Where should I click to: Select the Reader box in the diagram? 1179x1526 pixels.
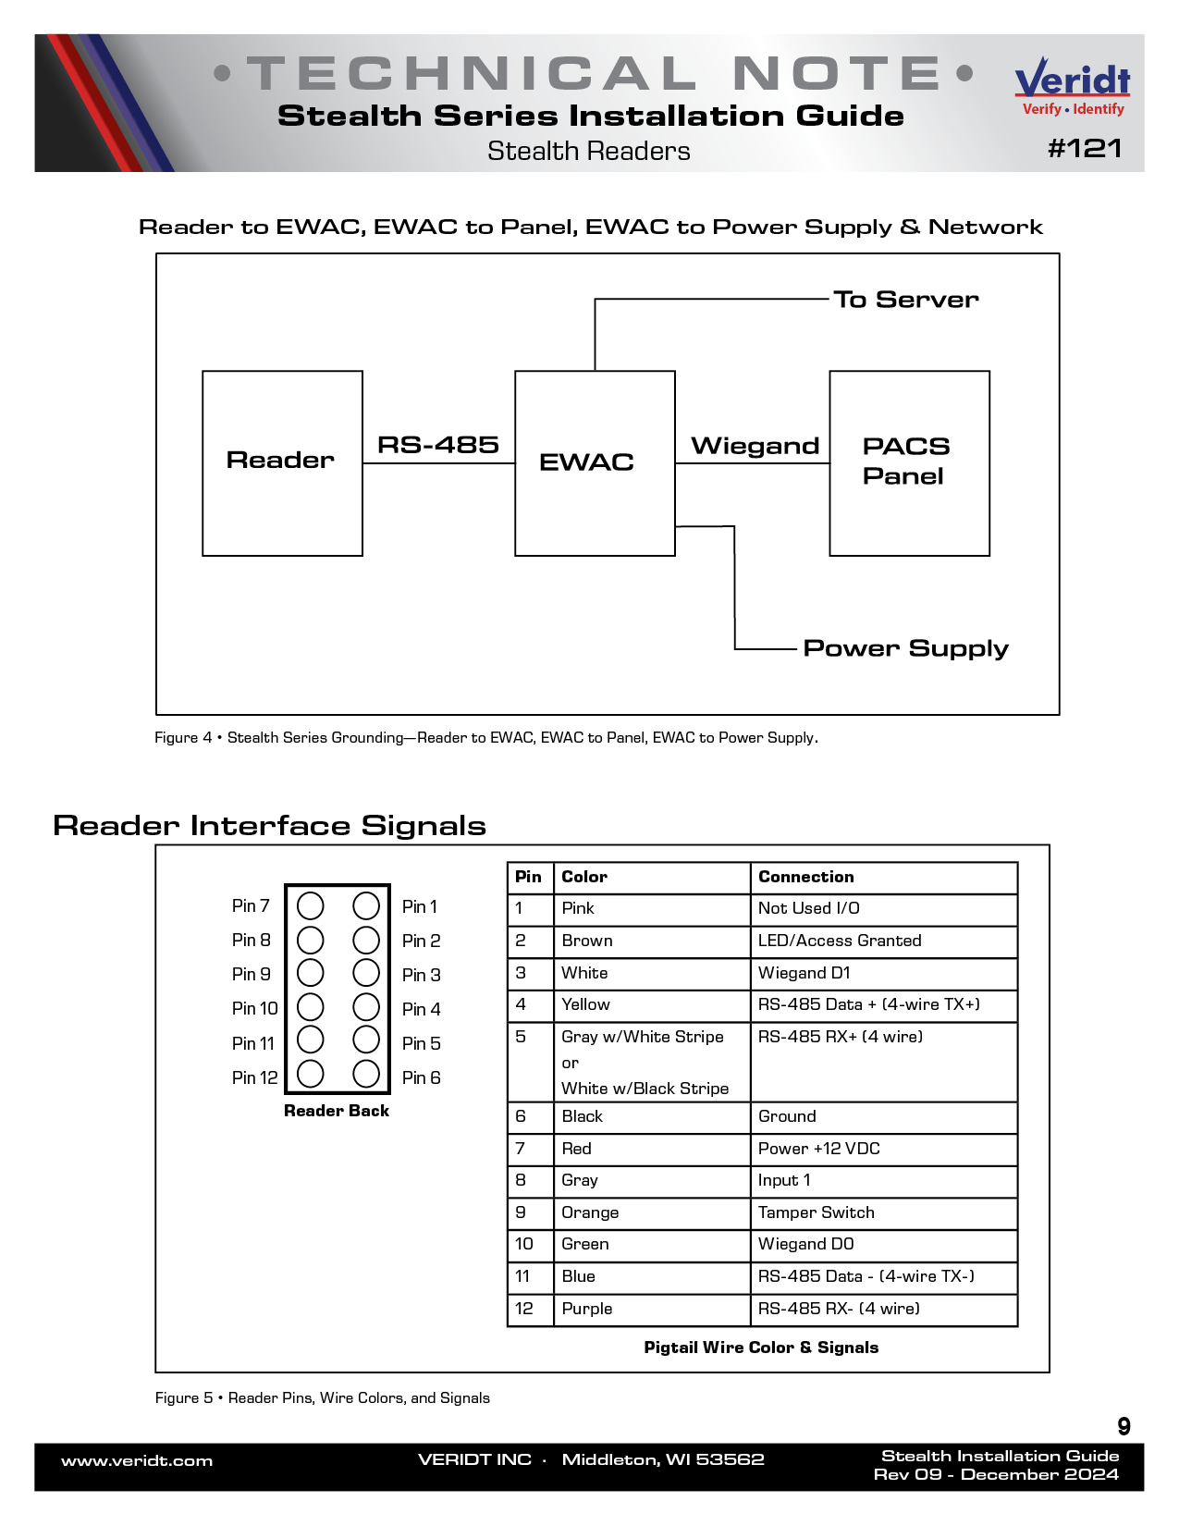click(282, 462)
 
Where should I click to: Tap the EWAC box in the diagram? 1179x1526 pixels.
click(595, 462)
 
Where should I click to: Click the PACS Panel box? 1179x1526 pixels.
click(909, 462)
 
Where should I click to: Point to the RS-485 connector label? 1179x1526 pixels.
click(437, 445)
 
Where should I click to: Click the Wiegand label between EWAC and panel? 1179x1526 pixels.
click(755, 446)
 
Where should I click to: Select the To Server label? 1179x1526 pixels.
click(905, 300)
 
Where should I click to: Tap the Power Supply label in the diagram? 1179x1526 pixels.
click(905, 648)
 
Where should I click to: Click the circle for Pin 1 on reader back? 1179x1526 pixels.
click(366, 905)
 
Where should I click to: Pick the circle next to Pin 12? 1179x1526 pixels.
click(311, 1074)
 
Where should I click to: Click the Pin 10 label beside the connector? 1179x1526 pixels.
click(254, 1008)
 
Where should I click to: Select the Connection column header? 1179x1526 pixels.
click(805, 877)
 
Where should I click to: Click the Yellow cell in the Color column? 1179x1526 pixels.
click(585, 1004)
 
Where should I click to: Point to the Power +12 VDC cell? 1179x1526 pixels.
click(818, 1149)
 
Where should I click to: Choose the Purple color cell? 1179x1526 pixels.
click(586, 1309)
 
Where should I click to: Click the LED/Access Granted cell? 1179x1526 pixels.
click(840, 941)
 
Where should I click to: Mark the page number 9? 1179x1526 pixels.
click(1124, 1426)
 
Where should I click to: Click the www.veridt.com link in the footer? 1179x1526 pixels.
click(137, 1461)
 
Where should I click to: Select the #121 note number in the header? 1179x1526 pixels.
click(1085, 149)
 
